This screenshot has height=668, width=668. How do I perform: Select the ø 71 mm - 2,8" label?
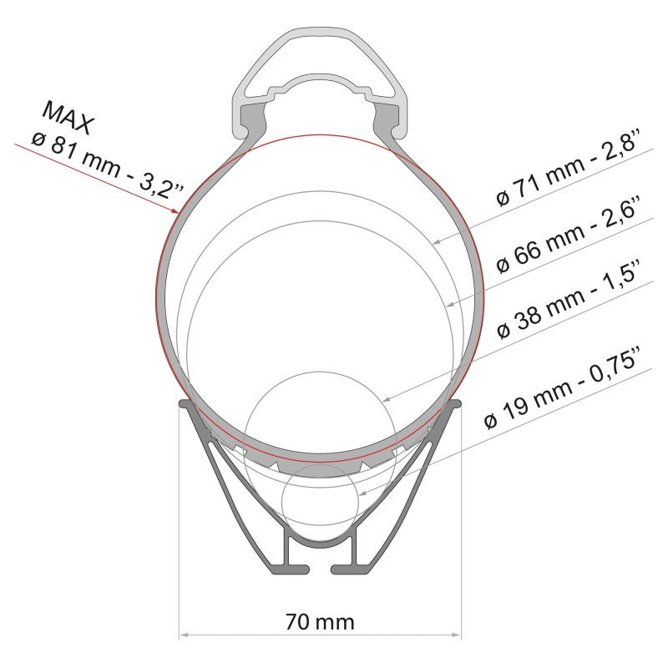tap(566, 171)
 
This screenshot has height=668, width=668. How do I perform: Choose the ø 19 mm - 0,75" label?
tap(567, 391)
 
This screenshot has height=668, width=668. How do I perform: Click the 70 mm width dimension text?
tap(320, 622)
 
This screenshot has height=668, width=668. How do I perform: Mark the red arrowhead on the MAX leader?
tap(175, 211)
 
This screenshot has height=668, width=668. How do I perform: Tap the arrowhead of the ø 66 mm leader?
tap(452, 303)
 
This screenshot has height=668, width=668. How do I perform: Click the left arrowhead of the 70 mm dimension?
tap(184, 636)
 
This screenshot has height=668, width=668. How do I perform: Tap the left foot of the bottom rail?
tap(286, 569)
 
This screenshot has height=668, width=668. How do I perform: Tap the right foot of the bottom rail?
tap(353, 569)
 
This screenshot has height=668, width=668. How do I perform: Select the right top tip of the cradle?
tap(458, 404)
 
